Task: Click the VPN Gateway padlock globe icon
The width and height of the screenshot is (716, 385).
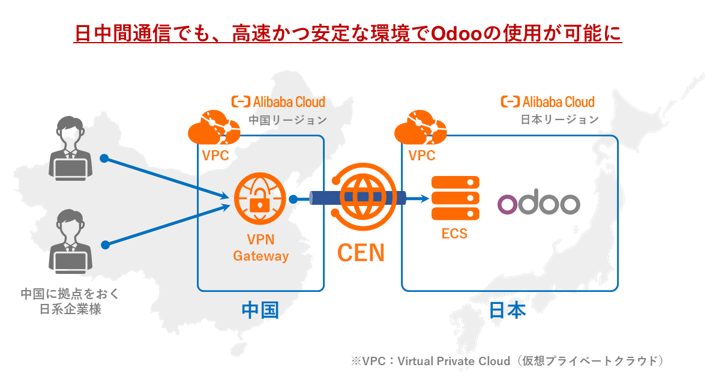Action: (260, 197)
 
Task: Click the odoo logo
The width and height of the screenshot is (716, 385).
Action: (538, 202)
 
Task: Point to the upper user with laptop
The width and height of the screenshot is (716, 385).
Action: (70, 150)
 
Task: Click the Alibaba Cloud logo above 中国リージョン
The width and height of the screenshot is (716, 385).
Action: (278, 102)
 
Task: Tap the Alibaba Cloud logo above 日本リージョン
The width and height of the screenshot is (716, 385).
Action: (548, 102)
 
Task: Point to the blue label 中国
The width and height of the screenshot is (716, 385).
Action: (259, 310)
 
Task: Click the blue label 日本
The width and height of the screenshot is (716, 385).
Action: (507, 310)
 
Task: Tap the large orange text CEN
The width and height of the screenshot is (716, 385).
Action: (360, 253)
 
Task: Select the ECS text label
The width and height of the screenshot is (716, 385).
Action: (454, 234)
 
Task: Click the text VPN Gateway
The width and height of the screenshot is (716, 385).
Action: (260, 248)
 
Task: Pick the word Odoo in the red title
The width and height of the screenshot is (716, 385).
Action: (456, 33)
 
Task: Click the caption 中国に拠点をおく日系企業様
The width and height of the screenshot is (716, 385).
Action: (70, 302)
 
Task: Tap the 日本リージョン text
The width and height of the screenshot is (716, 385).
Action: (559, 120)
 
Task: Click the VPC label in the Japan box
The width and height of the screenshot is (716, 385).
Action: (421, 156)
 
